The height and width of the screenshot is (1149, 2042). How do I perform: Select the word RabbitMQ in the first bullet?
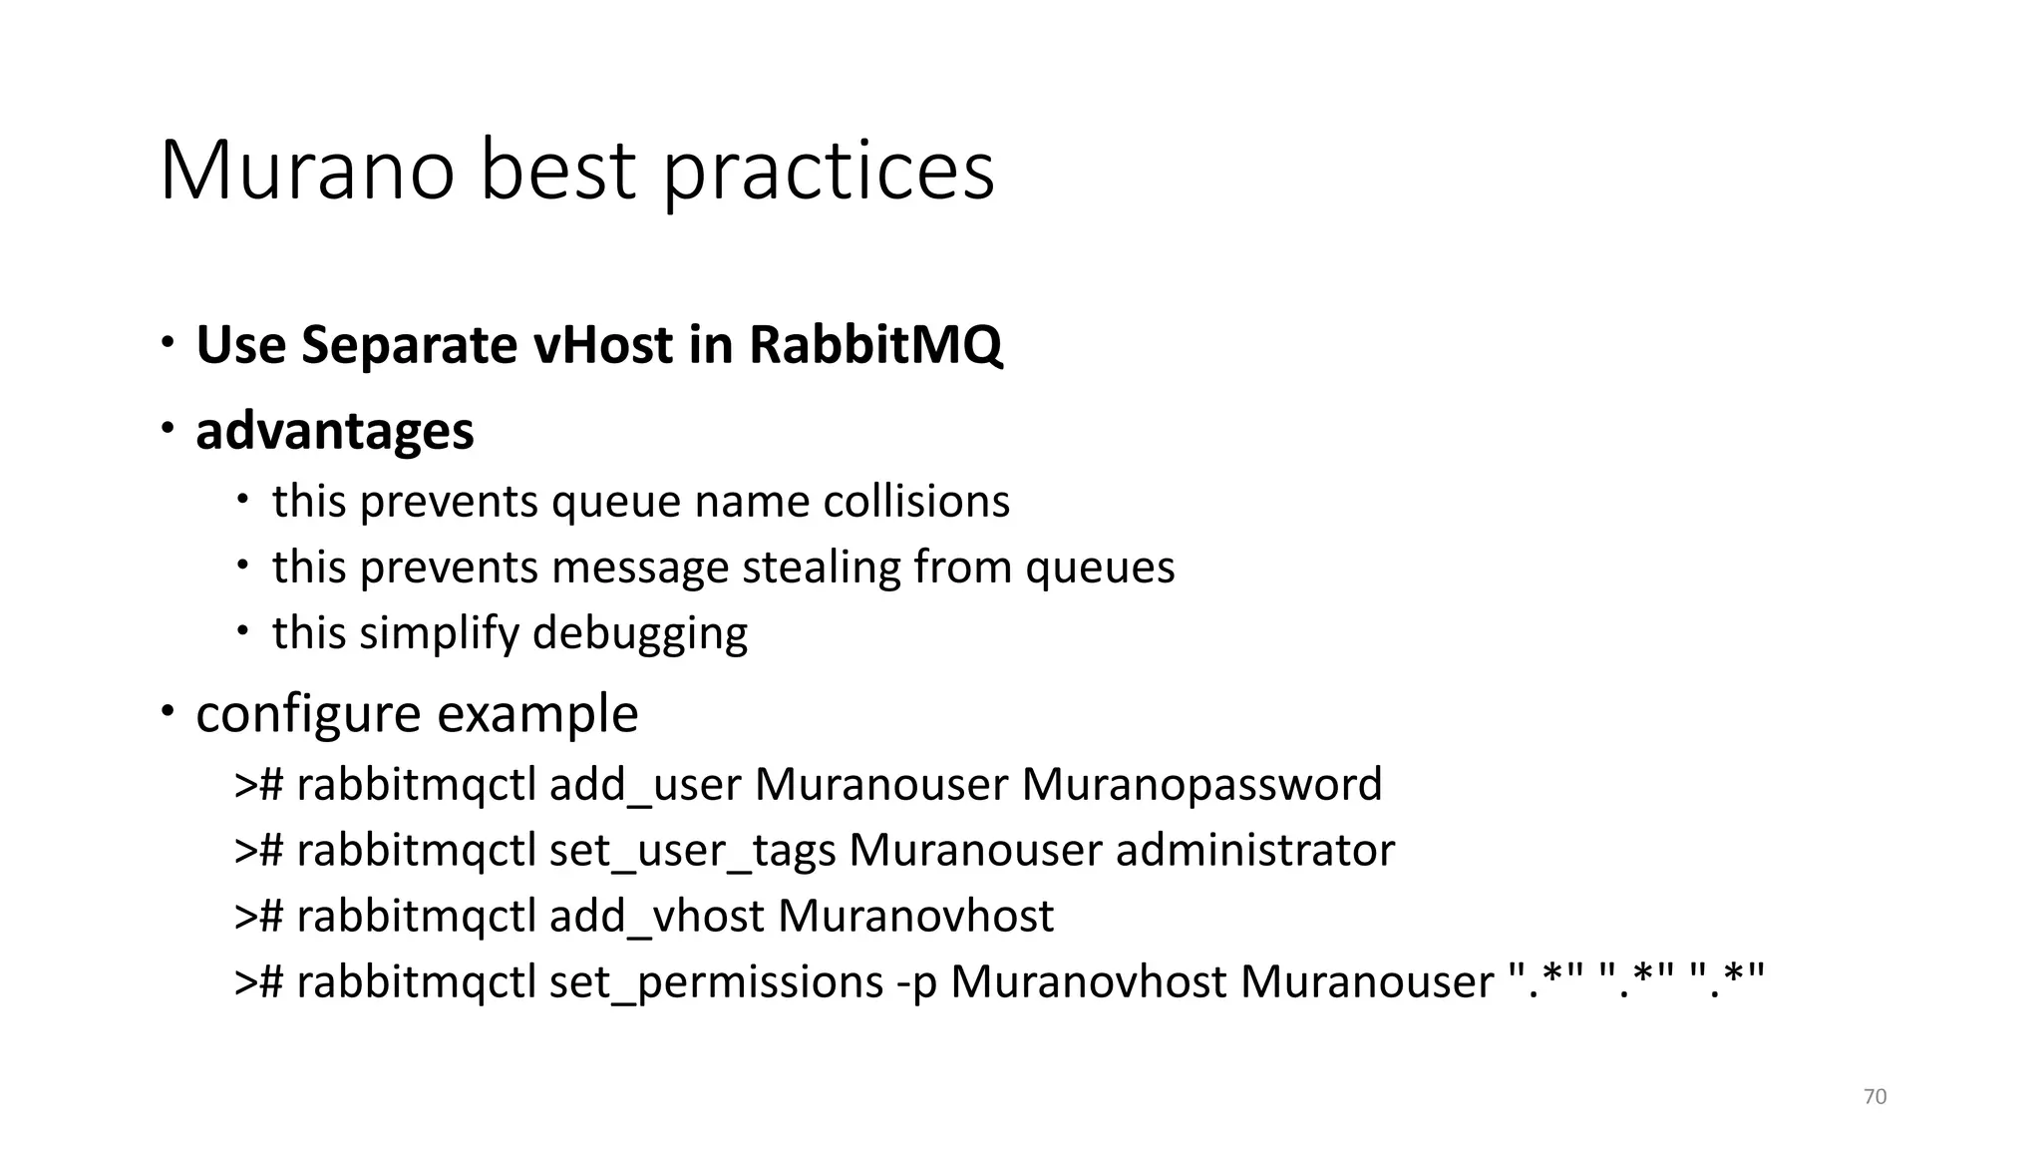pos(875,345)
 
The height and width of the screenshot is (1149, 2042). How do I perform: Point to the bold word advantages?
pos(335,431)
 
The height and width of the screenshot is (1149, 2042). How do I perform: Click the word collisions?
pos(916,501)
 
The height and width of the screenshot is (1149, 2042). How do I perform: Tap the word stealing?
pos(821,567)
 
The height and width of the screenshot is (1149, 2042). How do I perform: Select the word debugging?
pos(639,633)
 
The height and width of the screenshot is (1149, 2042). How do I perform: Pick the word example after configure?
pos(537,714)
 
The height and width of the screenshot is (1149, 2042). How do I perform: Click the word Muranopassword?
pos(1201,785)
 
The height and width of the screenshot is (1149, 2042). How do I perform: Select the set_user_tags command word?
pos(692,851)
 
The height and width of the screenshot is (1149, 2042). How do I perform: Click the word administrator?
pos(1254,851)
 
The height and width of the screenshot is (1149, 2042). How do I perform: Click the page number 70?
pos(1874,1097)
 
